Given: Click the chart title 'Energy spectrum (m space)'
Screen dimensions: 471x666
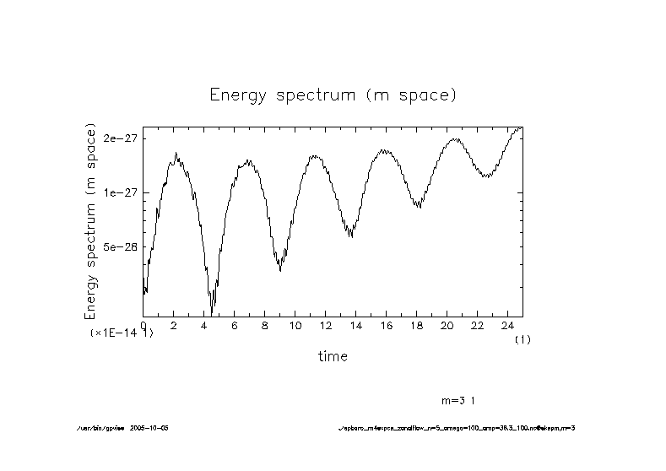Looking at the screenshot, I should [333, 95].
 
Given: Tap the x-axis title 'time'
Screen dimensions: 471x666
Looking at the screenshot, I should [333, 356].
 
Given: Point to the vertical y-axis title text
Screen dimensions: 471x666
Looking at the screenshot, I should [91, 221].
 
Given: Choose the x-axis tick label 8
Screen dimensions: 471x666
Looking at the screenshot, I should [264, 325].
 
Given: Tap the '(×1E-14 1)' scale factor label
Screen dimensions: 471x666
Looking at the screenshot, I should [122, 333].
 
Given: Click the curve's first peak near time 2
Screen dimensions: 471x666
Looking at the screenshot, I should [176, 154].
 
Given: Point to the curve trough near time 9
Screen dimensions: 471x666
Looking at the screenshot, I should [280, 269].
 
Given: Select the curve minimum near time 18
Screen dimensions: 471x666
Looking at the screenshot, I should [418, 207].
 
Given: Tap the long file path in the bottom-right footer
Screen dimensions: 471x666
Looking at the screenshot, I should [456, 428].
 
